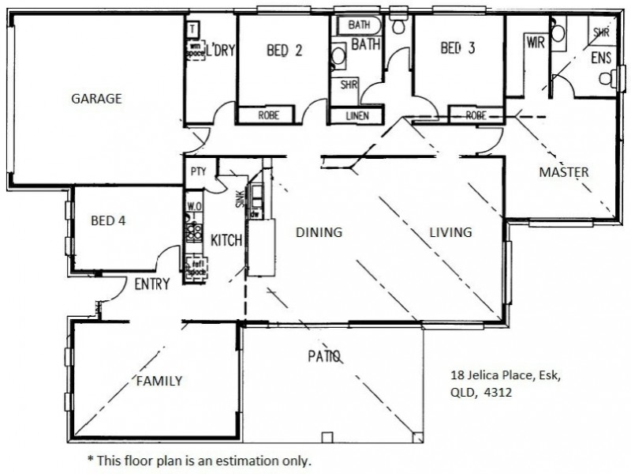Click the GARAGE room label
click(97, 99)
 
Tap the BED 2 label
click(285, 50)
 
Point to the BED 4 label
click(108, 220)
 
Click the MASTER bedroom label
click(563, 172)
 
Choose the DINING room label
click(319, 232)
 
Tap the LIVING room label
click(450, 232)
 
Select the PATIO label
click(324, 356)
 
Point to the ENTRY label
click(152, 284)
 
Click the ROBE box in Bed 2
click(269, 115)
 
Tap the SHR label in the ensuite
click(601, 33)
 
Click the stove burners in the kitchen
click(193, 233)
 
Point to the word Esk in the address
click(549, 375)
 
